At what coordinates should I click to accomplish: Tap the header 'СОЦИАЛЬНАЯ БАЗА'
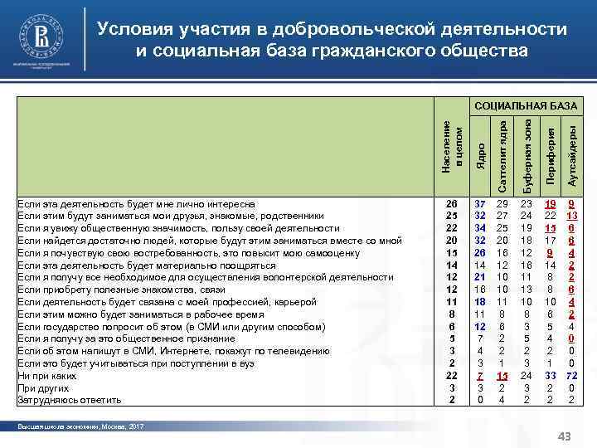(x=525, y=106)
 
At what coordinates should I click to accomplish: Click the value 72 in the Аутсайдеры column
(x=571, y=376)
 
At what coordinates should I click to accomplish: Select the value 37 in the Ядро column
(x=480, y=203)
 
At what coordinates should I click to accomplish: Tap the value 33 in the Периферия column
(x=549, y=376)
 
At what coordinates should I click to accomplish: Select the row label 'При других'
(x=41, y=388)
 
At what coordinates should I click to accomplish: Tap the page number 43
(x=567, y=436)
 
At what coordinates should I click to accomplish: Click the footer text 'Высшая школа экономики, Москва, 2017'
(x=80, y=426)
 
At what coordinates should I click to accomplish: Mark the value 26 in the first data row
(x=451, y=203)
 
